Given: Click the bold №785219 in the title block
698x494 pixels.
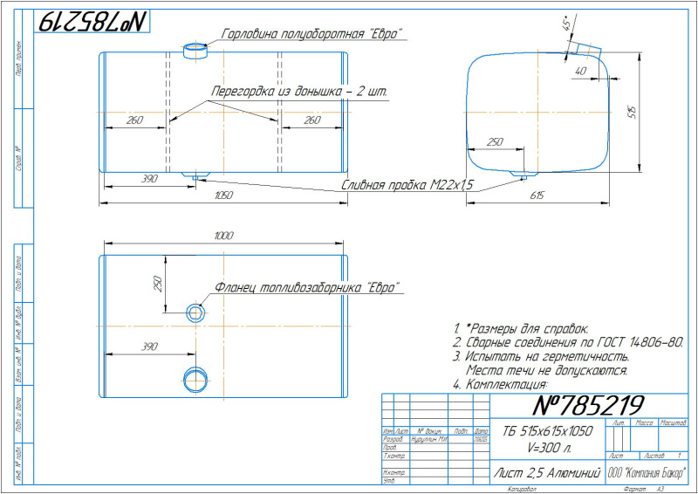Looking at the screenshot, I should [x=587, y=405].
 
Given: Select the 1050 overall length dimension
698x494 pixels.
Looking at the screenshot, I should [x=223, y=196].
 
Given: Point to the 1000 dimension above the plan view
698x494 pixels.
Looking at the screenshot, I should [x=223, y=237].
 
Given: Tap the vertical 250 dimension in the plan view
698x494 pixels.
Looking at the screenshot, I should [x=159, y=286].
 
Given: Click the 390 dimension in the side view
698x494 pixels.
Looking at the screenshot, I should [x=148, y=179].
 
